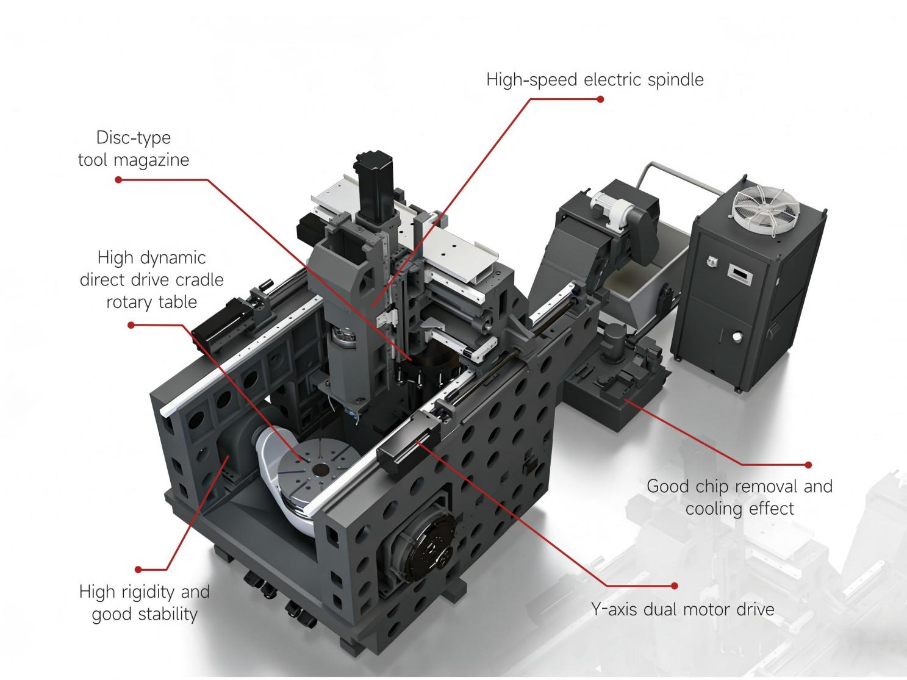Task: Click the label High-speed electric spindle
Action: point(595,80)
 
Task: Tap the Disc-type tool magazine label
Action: point(134,149)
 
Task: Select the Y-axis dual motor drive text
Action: point(683,609)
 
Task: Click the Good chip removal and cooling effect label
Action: point(740,498)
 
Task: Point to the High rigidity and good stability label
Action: point(145,603)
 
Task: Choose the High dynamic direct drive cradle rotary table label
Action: point(152,280)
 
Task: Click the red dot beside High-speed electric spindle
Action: point(600,99)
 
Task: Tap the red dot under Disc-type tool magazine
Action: point(118,180)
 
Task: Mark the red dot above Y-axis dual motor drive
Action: point(675,586)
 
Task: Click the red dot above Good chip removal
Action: point(808,465)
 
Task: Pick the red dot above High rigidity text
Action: point(138,570)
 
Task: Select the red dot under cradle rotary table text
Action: point(131,325)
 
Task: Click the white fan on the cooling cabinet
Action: point(765,210)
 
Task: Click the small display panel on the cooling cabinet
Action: point(740,274)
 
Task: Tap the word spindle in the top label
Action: point(676,80)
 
